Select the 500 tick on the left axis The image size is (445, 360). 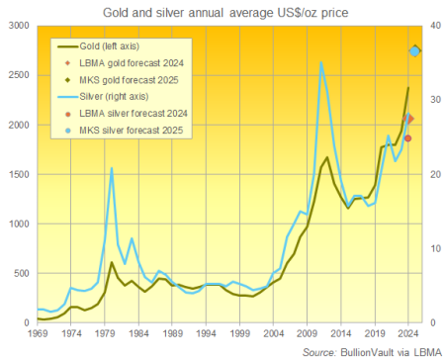[x=23, y=273]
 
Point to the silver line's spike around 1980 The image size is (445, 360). [x=112, y=169]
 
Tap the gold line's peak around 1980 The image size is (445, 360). [x=112, y=263]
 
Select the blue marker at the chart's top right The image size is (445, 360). [x=415, y=50]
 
